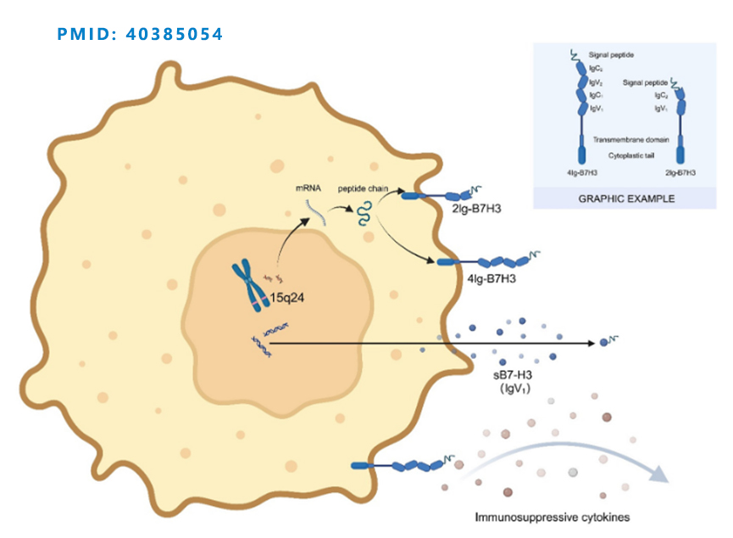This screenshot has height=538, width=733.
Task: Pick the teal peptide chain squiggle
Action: tap(364, 212)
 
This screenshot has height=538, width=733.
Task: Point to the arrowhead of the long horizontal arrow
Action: tap(592, 343)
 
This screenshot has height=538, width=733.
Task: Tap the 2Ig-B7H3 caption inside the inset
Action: tap(680, 172)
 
